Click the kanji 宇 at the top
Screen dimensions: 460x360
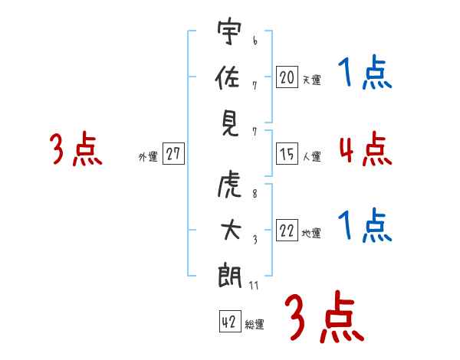pyautogui.click(x=229, y=31)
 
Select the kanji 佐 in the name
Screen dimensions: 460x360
pyautogui.click(x=228, y=77)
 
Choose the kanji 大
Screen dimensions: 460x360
pyautogui.click(x=231, y=230)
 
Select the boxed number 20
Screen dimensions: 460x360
pyautogui.click(x=287, y=77)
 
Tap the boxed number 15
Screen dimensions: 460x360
pyautogui.click(x=287, y=154)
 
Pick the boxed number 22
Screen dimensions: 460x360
pyautogui.click(x=287, y=230)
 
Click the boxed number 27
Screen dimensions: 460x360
pyautogui.click(x=173, y=153)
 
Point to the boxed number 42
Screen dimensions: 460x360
pyautogui.click(x=230, y=321)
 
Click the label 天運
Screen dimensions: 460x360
pyautogui.click(x=312, y=80)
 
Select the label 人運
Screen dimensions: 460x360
pyautogui.click(x=312, y=156)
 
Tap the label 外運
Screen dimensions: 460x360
pyautogui.click(x=148, y=157)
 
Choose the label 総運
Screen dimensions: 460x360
pyautogui.click(x=255, y=325)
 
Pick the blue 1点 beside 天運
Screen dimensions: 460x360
pyautogui.click(x=365, y=72)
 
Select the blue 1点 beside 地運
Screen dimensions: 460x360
pyautogui.click(x=365, y=225)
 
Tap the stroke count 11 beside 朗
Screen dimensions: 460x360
pyautogui.click(x=254, y=285)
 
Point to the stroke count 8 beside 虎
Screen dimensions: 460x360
pyautogui.click(x=255, y=194)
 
